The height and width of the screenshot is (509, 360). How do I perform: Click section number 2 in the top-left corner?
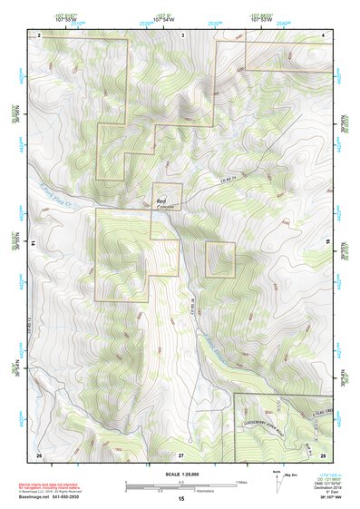click(40, 34)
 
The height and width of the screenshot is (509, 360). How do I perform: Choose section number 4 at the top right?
click(324, 34)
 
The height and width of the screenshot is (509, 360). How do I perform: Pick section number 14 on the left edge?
click(33, 244)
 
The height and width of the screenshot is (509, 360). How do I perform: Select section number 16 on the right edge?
click(327, 244)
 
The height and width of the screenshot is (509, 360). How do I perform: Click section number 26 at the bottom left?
click(39, 454)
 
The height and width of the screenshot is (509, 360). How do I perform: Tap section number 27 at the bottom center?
click(180, 454)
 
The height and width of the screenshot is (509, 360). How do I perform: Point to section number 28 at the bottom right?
click(322, 454)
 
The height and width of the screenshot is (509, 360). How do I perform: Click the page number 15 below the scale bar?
click(180, 499)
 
